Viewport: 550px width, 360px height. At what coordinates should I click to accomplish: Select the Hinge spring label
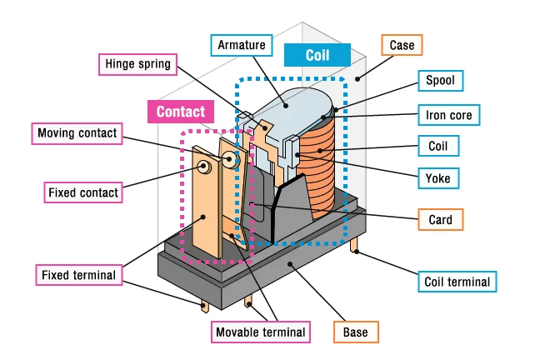137,63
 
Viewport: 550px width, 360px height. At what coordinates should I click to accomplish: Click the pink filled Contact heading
181,112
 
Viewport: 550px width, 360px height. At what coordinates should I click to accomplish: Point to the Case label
401,44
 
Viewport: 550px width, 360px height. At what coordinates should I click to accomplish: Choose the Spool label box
440,81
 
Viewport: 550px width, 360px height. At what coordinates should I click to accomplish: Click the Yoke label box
437,177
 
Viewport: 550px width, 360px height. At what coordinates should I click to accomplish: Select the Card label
440,220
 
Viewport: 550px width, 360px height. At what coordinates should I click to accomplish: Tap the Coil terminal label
456,282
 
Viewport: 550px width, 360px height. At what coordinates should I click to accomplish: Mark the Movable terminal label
260,332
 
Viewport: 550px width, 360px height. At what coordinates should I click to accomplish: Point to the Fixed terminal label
78,274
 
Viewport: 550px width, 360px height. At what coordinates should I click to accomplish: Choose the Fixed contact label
82,192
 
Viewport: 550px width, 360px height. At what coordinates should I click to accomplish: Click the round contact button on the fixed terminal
203,167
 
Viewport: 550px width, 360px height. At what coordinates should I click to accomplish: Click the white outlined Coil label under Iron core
437,146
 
